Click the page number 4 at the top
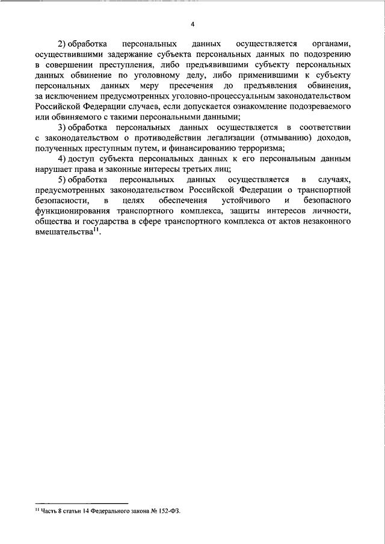192,24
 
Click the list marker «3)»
62,128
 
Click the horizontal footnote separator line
81,503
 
